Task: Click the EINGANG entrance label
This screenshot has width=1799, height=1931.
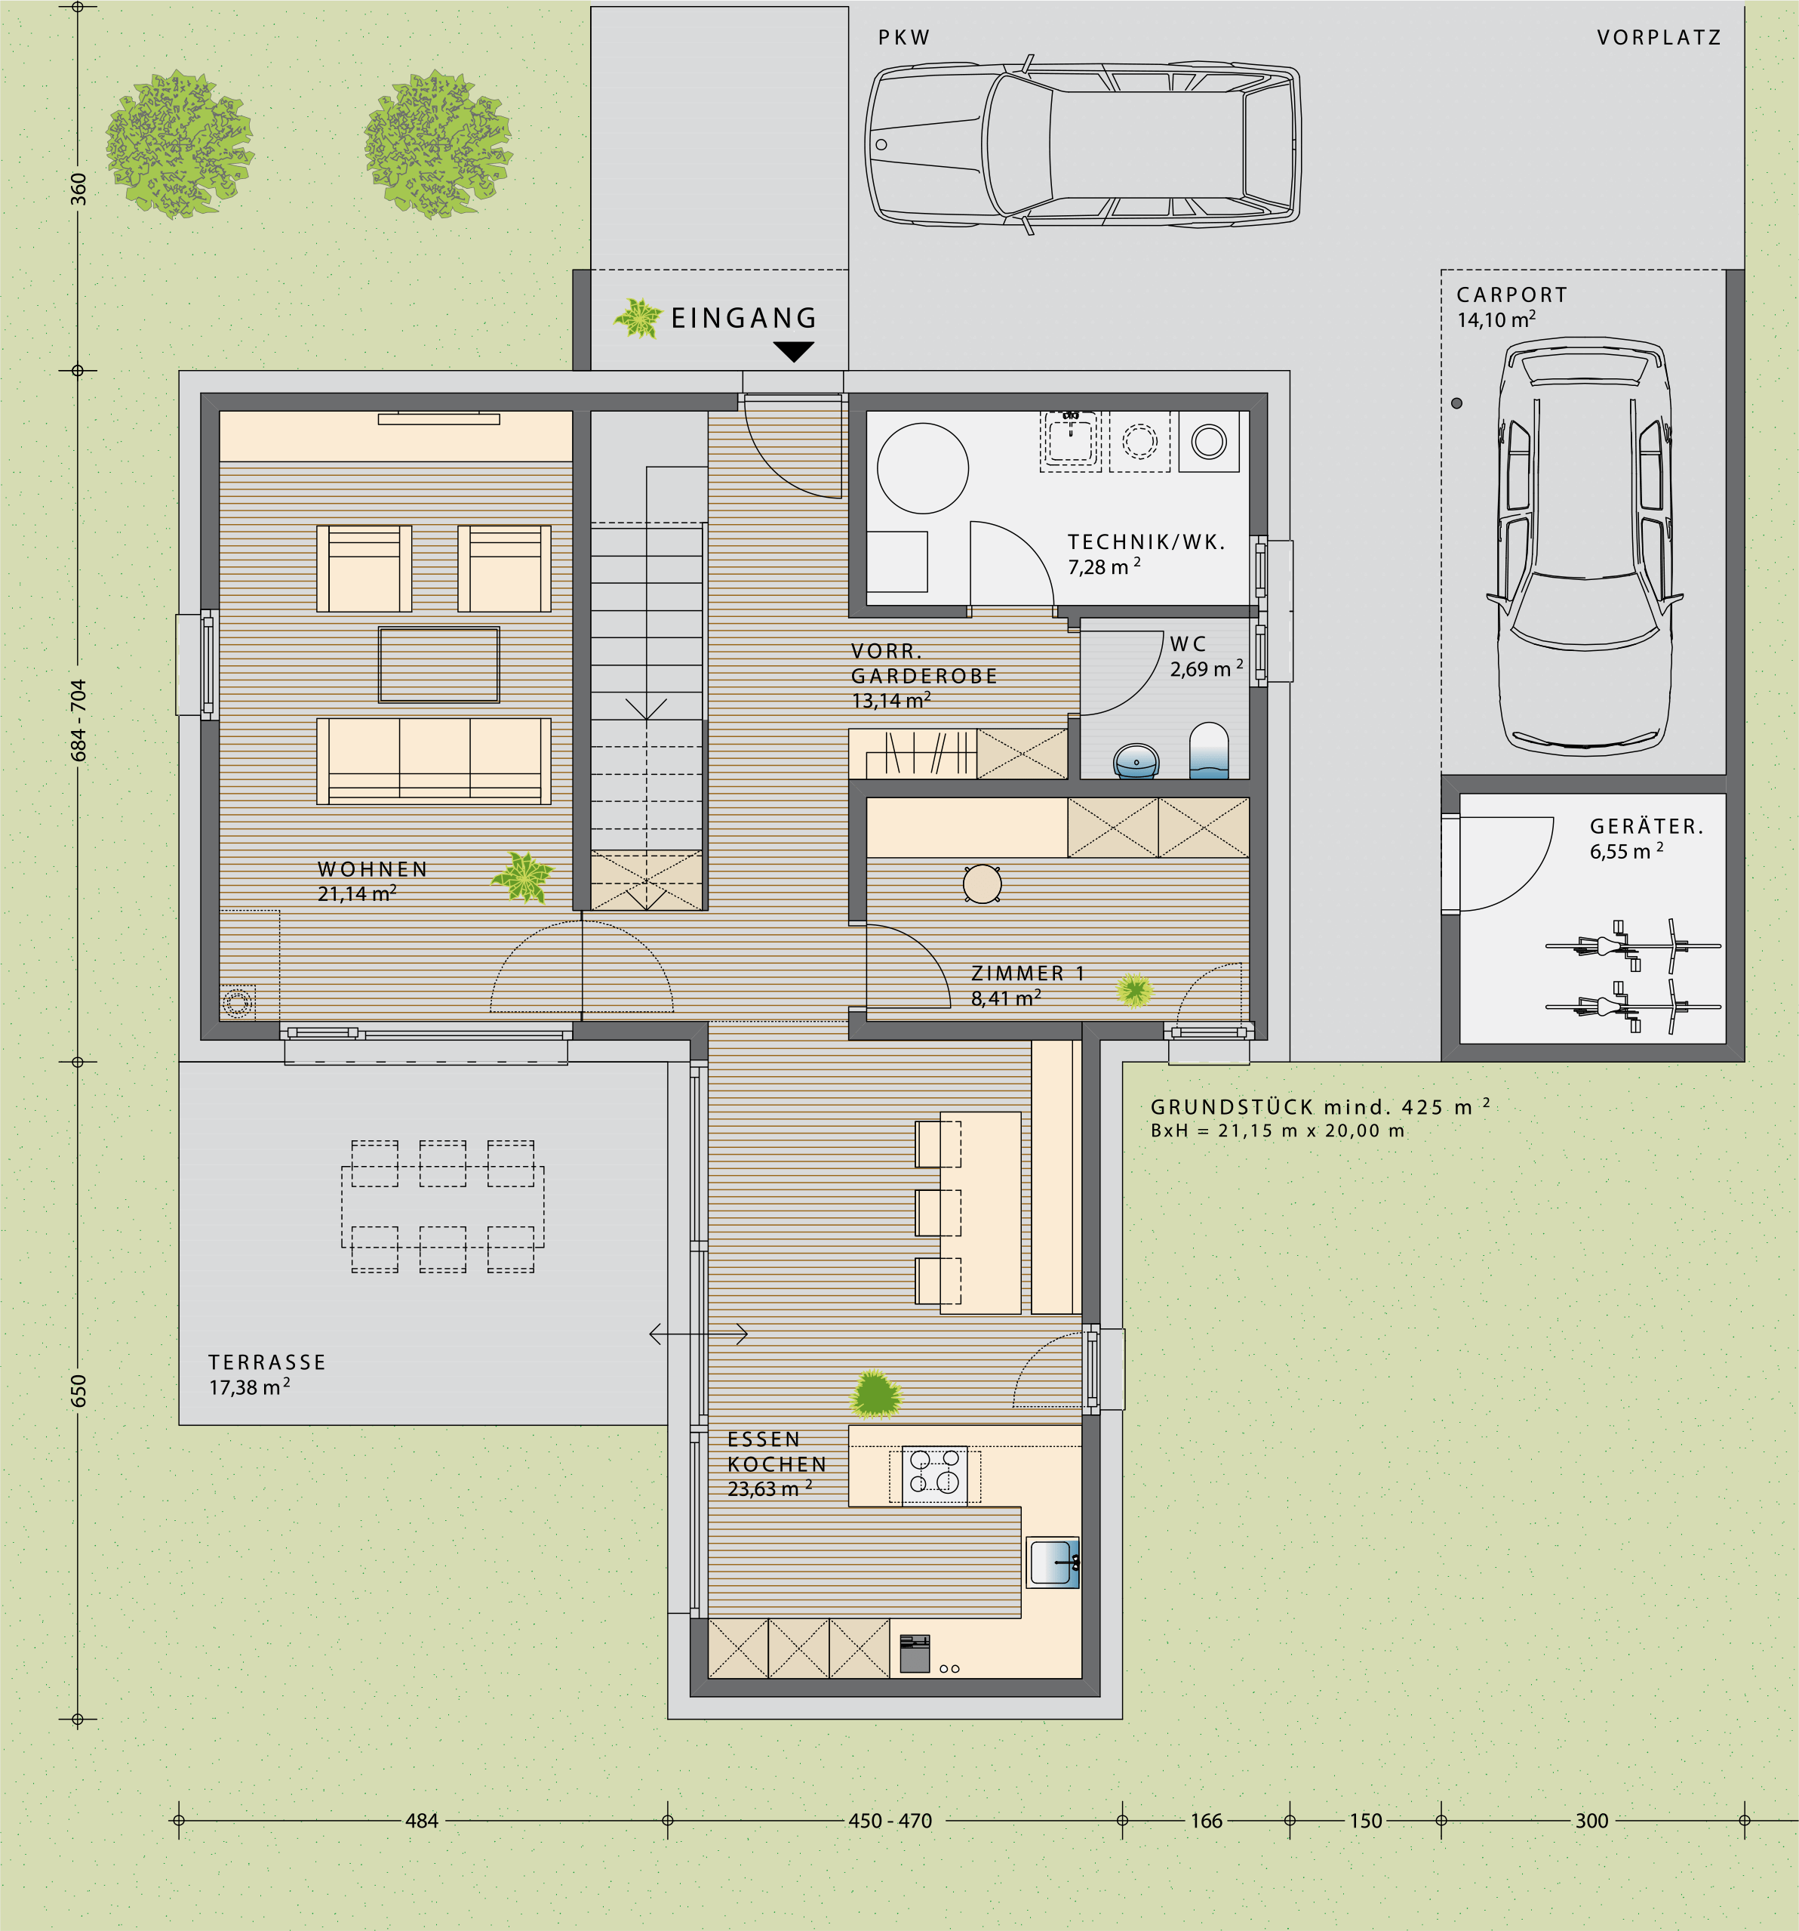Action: (744, 318)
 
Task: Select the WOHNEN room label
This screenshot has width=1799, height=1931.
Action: (373, 869)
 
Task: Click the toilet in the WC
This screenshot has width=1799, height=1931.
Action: (1209, 750)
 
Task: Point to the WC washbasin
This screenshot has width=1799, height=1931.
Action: (1136, 761)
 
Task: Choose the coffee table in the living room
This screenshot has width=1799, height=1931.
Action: (439, 665)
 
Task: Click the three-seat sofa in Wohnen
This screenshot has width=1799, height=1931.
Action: (434, 760)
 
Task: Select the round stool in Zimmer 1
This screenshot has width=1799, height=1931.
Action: (983, 884)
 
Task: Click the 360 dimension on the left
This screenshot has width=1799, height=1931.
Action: (78, 189)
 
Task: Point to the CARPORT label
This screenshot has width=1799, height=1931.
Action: (1511, 295)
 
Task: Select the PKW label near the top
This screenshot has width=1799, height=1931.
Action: (904, 38)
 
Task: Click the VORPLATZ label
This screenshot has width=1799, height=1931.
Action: (1658, 38)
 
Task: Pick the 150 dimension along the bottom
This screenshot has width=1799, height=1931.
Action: (1365, 1821)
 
